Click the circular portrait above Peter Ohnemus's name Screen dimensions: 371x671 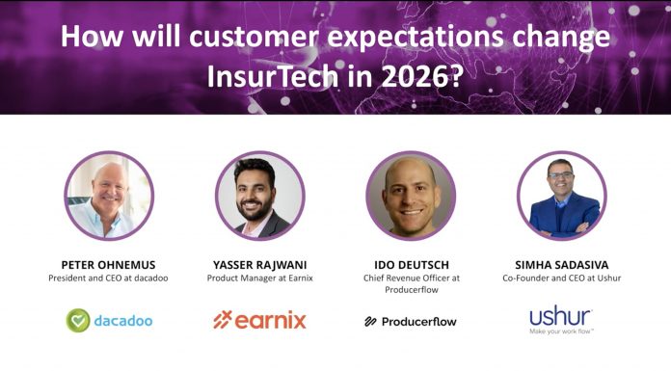tap(109, 196)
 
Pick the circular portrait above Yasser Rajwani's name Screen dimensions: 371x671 tap(259, 196)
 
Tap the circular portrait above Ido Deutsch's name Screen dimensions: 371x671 tap(411, 196)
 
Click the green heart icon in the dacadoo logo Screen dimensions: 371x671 tap(78, 320)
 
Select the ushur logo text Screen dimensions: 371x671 tap(560, 315)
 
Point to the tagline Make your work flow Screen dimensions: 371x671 tap(561, 332)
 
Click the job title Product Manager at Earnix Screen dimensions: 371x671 tap(259, 278)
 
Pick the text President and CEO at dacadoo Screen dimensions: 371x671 tap(109, 278)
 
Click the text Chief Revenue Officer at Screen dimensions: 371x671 tap(411, 278)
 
